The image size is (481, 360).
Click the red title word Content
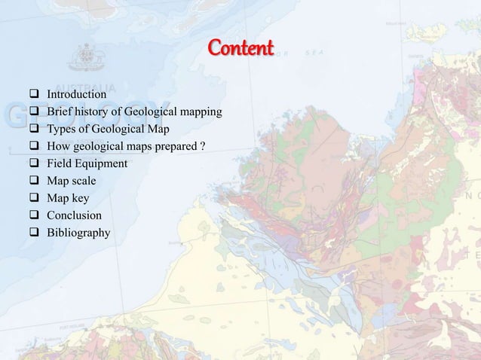coord(240,50)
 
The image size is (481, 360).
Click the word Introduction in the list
coord(76,95)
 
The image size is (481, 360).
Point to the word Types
coord(63,130)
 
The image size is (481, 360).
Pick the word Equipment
coord(101,164)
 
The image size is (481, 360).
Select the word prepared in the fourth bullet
coord(175,147)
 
